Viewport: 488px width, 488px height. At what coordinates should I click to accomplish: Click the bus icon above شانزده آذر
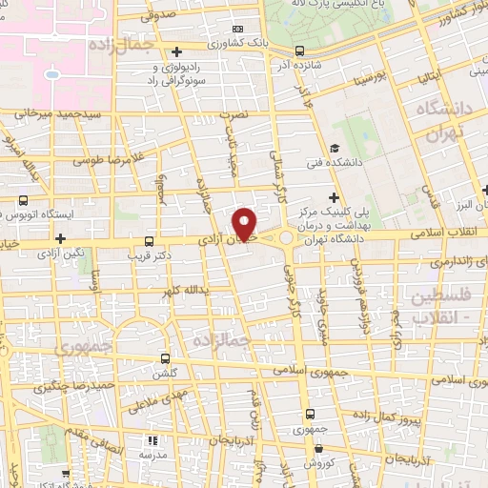300,51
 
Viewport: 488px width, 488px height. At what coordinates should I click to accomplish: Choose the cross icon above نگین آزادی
61,239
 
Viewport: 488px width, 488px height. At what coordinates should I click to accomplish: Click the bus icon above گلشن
166,359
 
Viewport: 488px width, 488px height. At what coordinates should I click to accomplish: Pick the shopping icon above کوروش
310,447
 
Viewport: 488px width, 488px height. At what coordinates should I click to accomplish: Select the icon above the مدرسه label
152,440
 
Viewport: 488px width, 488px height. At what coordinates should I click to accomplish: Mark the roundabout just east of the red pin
286,237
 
